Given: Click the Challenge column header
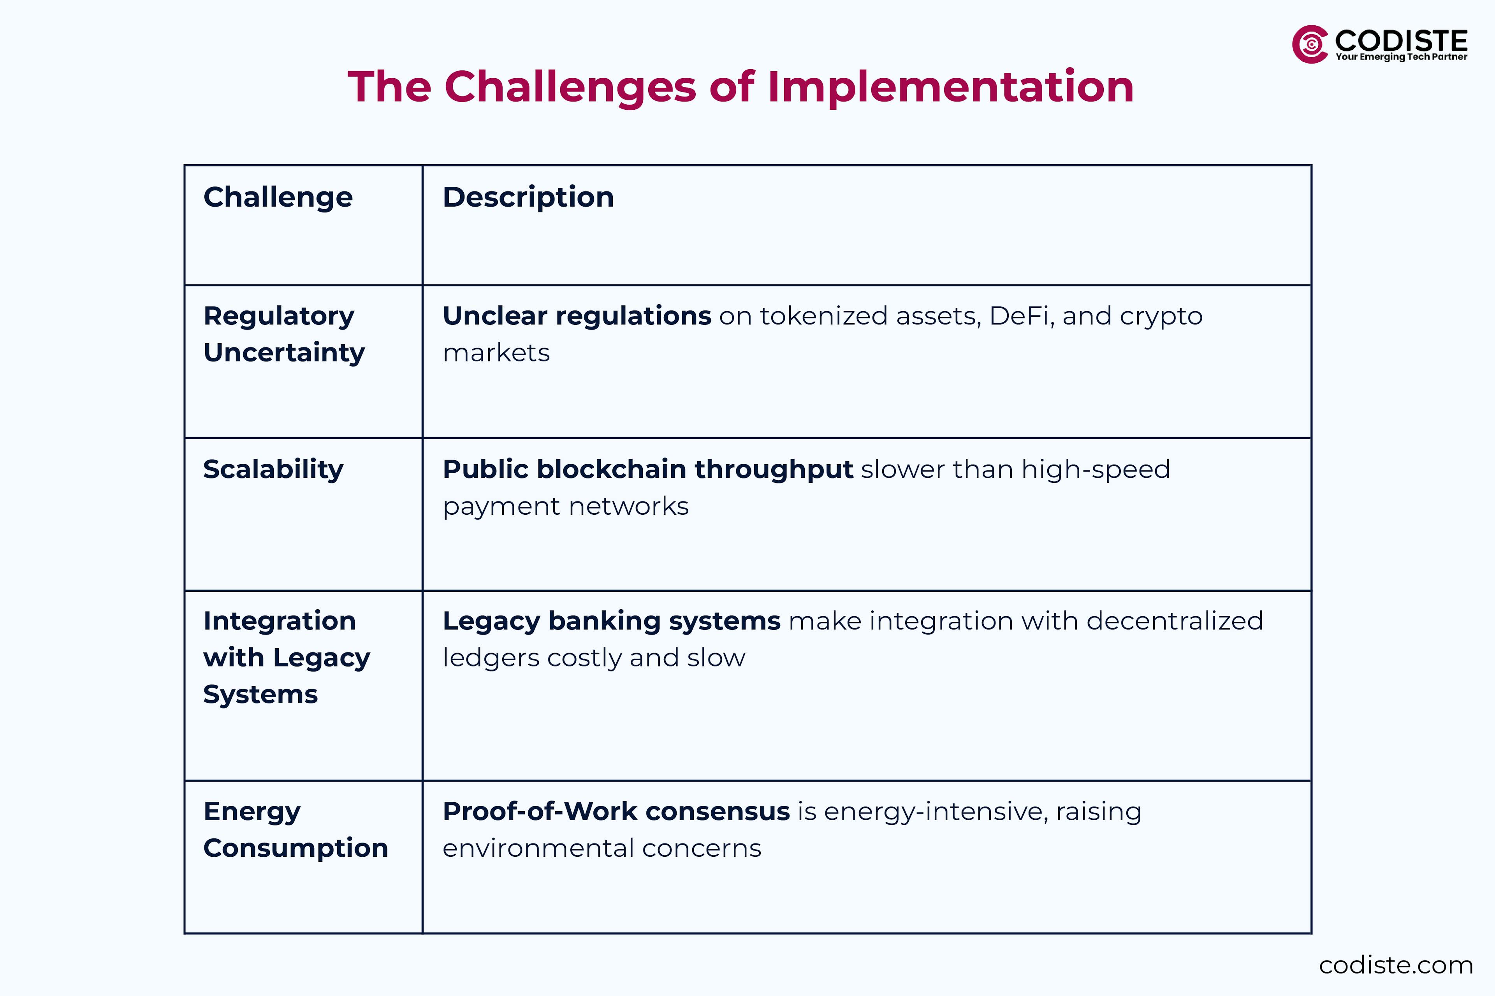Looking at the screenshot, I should (278, 197).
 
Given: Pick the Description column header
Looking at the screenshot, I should (528, 197).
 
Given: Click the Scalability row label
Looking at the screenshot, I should (273, 470).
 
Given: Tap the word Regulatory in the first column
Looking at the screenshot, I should (278, 316).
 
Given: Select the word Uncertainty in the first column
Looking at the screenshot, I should (284, 352).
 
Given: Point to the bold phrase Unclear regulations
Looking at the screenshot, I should (577, 316).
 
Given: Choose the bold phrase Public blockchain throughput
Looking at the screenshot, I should (648, 470).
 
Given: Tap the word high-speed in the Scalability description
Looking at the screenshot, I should (1095, 470).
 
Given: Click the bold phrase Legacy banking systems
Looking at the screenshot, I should (612, 621).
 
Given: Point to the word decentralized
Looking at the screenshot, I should (1175, 621).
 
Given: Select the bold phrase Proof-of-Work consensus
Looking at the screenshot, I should (616, 811).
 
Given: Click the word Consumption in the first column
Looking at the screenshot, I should (295, 848).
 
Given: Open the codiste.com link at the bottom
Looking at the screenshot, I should (1396, 965).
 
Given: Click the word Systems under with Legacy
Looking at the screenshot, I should (260, 694).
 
